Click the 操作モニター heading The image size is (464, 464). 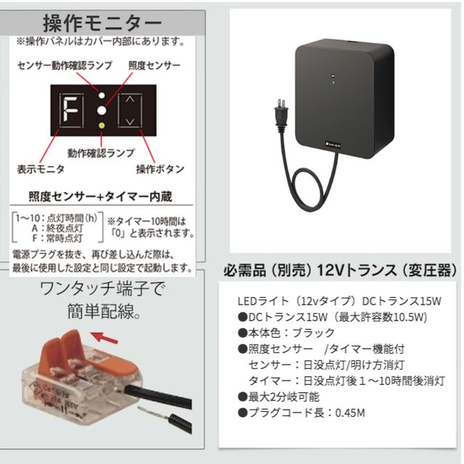click(102, 23)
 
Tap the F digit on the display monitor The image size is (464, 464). click(71, 110)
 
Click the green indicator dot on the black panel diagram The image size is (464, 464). click(101, 125)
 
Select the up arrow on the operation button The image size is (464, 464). click(130, 100)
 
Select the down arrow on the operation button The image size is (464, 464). click(130, 121)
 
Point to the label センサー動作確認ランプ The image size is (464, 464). click(65, 65)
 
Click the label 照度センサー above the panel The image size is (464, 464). click(154, 65)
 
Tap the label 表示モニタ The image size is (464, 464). click(41, 169)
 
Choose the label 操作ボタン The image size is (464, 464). click(160, 169)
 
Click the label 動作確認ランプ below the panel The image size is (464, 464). click(101, 153)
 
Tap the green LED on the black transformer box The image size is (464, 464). click(333, 83)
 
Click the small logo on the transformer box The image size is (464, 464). click(333, 145)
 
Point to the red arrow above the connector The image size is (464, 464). click(104, 338)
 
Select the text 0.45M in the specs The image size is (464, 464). click(349, 413)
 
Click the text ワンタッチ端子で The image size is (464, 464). click(101, 289)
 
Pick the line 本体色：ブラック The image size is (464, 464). click(286, 333)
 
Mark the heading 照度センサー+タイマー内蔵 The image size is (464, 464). click(100, 196)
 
